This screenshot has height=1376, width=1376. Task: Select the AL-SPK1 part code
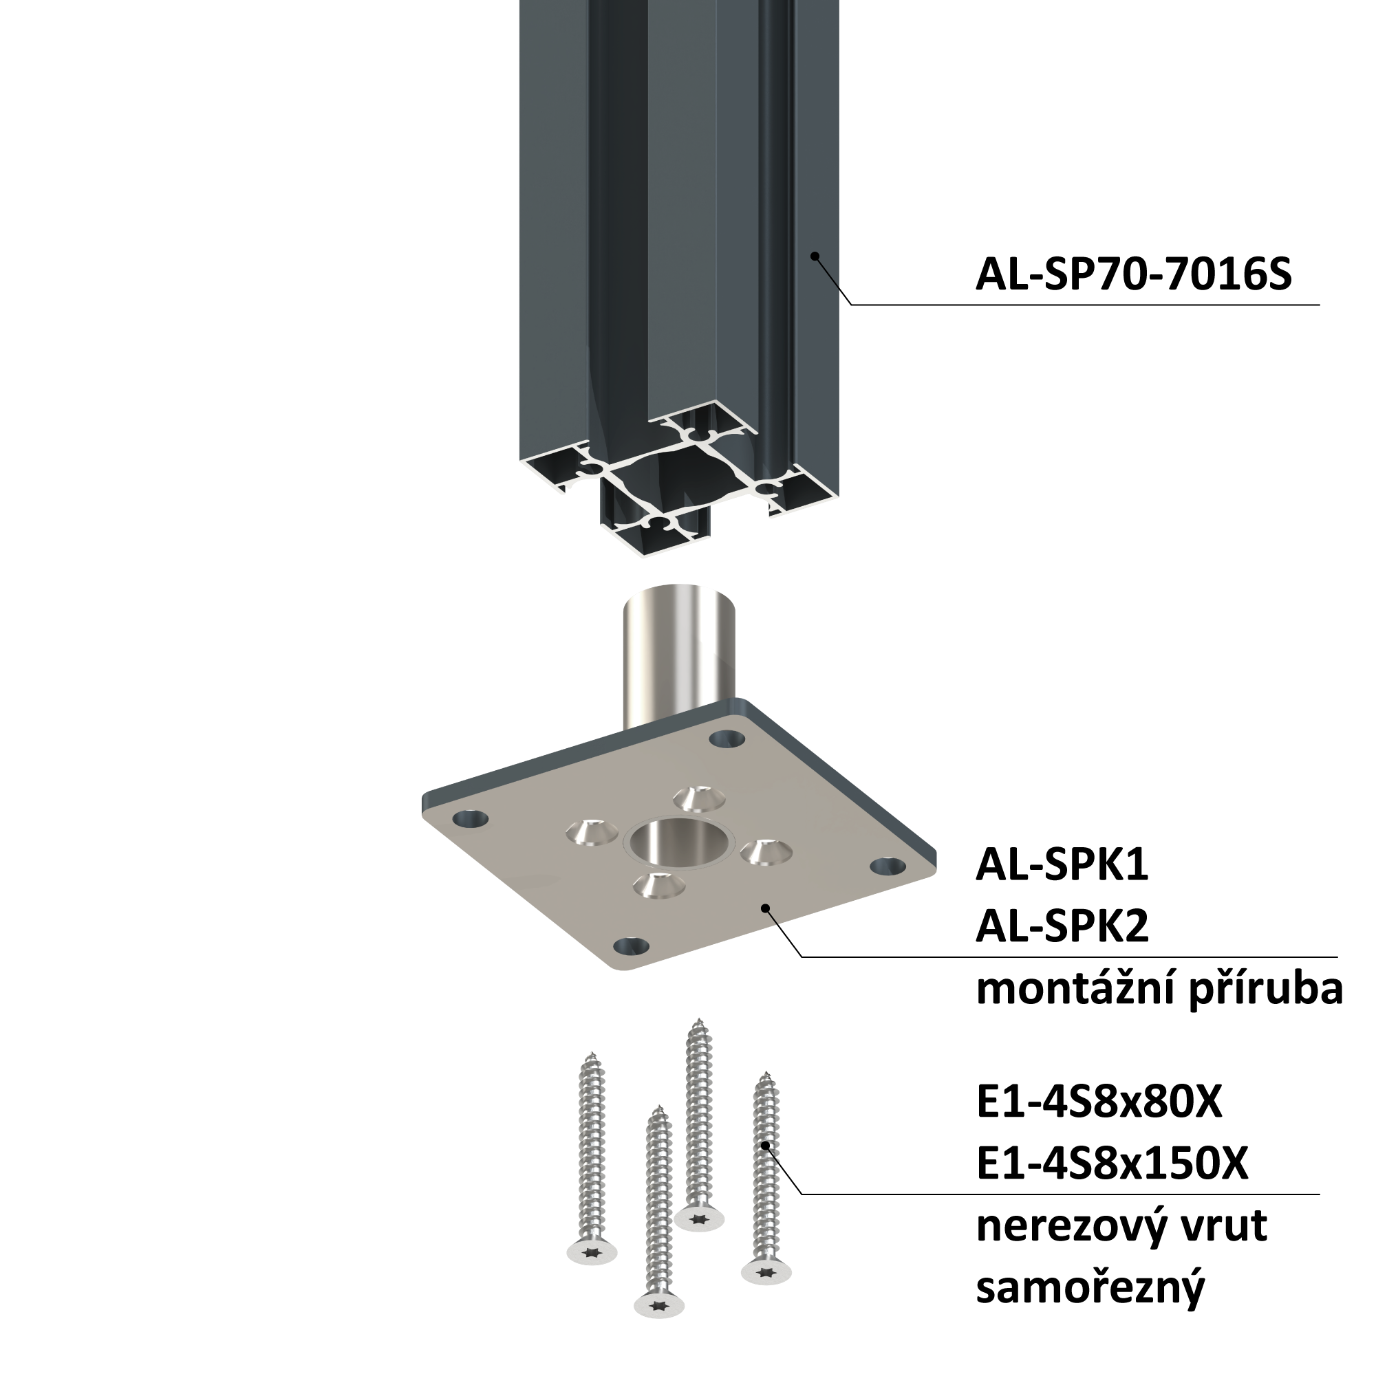tap(1062, 866)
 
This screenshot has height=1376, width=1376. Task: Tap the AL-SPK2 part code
tap(1062, 927)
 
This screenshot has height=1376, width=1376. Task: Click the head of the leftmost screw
tap(592, 1252)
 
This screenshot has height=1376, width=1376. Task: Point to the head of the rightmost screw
tap(766, 1271)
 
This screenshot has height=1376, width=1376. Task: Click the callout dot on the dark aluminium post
tap(815, 256)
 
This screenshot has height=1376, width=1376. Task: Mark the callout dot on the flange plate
tap(765, 908)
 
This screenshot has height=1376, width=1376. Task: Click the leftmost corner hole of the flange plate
tap(471, 819)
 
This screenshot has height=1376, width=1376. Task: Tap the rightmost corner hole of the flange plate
tap(888, 866)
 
